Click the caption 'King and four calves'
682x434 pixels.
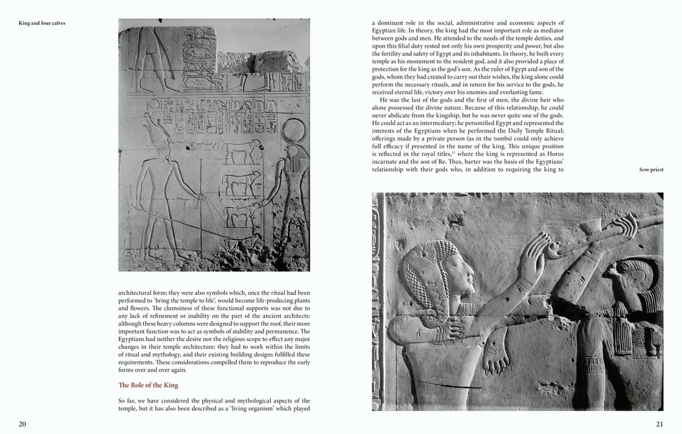[x=42, y=23]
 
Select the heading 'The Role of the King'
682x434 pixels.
[x=148, y=385]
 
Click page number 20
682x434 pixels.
[x=23, y=424]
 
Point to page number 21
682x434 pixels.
[x=659, y=424]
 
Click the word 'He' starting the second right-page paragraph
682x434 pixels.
[x=384, y=99]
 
